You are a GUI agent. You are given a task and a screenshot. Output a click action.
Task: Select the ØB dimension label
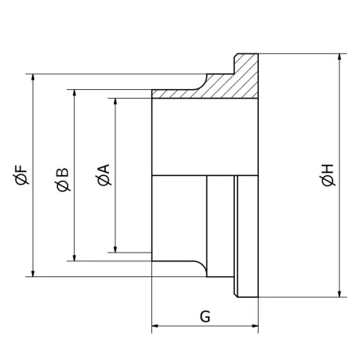63,178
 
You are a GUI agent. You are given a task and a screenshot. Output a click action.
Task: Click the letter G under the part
205,316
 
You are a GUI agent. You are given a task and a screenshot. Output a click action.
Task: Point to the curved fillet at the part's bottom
200,267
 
